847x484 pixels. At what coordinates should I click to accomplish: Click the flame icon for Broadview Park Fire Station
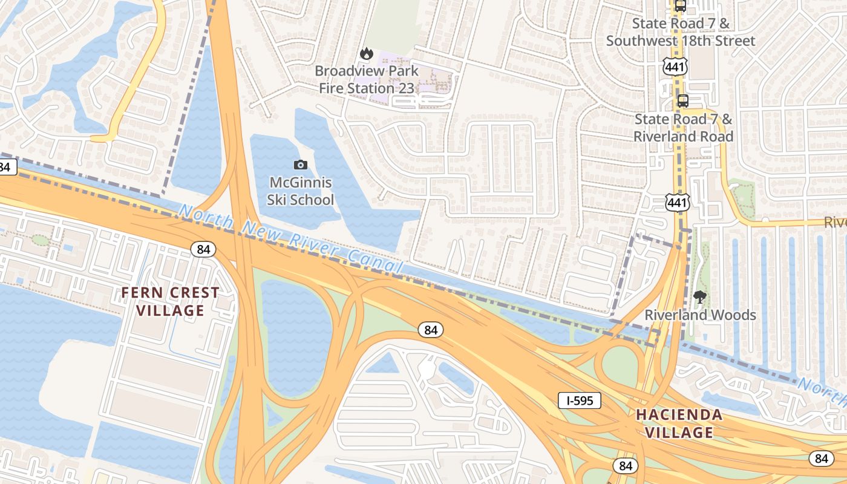[366, 54]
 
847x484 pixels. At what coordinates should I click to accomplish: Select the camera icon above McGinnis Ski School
[300, 165]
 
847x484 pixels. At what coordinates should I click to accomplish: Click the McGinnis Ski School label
[300, 191]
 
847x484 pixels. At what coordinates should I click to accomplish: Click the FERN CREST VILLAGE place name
[170, 302]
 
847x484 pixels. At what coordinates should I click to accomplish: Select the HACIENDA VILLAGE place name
[679, 423]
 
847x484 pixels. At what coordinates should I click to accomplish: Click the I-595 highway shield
[579, 401]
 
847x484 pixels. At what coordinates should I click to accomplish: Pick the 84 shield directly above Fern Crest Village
[203, 249]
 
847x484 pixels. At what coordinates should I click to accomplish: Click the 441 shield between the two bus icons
[674, 67]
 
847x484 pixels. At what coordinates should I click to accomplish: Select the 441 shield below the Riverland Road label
[677, 203]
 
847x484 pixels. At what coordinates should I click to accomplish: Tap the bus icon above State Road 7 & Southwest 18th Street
[680, 6]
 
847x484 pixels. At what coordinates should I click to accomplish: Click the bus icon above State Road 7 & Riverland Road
[682, 100]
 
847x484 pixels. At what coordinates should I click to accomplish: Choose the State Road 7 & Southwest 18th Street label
[681, 32]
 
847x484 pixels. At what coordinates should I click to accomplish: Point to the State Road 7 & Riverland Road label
[683, 128]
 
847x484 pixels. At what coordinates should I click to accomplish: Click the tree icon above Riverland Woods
[700, 297]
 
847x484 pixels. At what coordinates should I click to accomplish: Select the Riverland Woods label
[700, 315]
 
